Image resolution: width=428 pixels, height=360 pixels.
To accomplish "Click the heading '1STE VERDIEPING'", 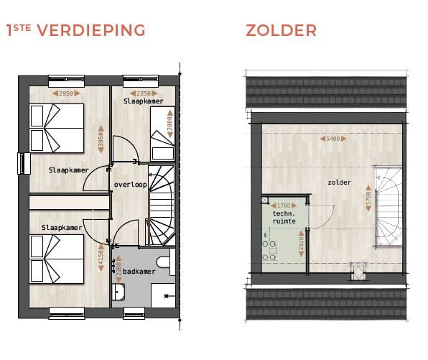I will (x=75, y=30).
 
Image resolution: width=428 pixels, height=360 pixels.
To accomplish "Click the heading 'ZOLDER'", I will (x=281, y=30).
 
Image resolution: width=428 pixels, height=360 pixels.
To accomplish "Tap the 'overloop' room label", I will (x=130, y=185).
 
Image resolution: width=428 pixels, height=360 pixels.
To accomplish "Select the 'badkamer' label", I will (x=139, y=272).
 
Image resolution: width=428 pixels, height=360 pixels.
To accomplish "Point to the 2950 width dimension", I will (x=65, y=93).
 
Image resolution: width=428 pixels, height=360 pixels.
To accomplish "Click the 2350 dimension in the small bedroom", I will (x=144, y=93).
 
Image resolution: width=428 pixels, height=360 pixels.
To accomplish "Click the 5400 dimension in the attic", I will (x=332, y=139).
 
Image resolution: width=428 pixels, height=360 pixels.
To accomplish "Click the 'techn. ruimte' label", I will (x=284, y=218).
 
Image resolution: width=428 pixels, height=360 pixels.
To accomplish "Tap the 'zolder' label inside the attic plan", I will (x=339, y=183).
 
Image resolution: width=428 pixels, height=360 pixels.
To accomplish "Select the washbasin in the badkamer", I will (x=118, y=291).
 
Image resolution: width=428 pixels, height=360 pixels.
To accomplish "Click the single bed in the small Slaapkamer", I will (x=161, y=144).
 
